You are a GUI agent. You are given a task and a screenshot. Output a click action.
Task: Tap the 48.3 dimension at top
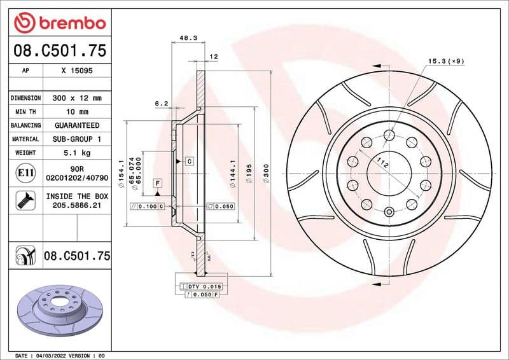[188, 38]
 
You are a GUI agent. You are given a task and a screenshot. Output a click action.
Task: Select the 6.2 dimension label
[161, 103]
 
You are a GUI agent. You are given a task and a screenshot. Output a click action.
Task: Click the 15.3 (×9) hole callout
[445, 61]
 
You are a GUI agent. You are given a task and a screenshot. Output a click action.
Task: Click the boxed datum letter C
[189, 162]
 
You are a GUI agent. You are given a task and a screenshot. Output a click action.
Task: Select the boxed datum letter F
[157, 183]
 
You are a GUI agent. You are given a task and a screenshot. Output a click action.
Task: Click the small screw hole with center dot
[389, 212]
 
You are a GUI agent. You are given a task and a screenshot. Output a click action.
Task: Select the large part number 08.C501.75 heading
[59, 50]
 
